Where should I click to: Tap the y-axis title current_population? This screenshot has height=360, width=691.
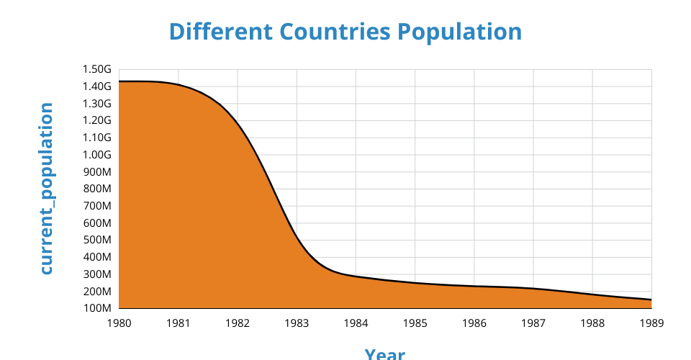pos(46,189)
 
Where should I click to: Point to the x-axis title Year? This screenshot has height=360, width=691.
pos(384,354)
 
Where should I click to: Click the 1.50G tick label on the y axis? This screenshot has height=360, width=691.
pos(97,69)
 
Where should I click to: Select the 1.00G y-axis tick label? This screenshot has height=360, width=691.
pos(97,155)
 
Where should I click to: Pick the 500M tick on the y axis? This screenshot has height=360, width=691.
pos(97,240)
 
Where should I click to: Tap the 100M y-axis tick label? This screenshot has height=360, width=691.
pos(97,309)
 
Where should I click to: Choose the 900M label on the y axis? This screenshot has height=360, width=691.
pos(97,172)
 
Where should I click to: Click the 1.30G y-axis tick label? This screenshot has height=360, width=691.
pos(97,104)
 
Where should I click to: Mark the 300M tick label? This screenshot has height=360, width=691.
pos(97,274)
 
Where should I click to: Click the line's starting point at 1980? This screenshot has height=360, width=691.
pos(119,81)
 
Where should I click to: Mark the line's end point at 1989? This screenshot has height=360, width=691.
pos(651,300)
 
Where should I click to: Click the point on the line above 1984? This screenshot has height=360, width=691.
pos(356,277)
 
